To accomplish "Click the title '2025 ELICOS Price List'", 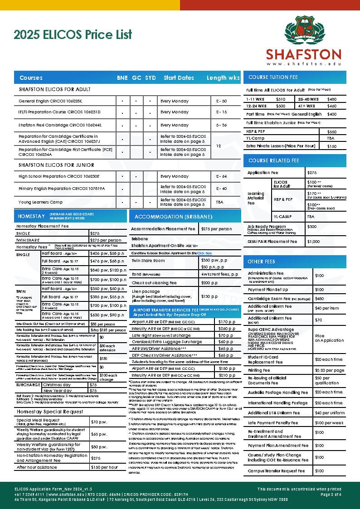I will [x=73, y=34].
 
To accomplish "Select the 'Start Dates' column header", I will [x=179, y=78].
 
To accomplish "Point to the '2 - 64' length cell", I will [x=221, y=176].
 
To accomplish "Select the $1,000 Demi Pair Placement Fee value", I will [x=313, y=242].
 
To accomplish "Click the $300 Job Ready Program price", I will [x=312, y=226].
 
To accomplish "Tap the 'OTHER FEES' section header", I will [x=262, y=262].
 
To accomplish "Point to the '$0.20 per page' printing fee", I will [x=330, y=370].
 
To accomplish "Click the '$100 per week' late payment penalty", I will [x=330, y=423].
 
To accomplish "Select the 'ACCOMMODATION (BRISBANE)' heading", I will [x=167, y=216].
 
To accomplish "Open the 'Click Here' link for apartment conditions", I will [x=204, y=253].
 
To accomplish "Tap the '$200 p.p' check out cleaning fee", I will [x=209, y=283].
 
